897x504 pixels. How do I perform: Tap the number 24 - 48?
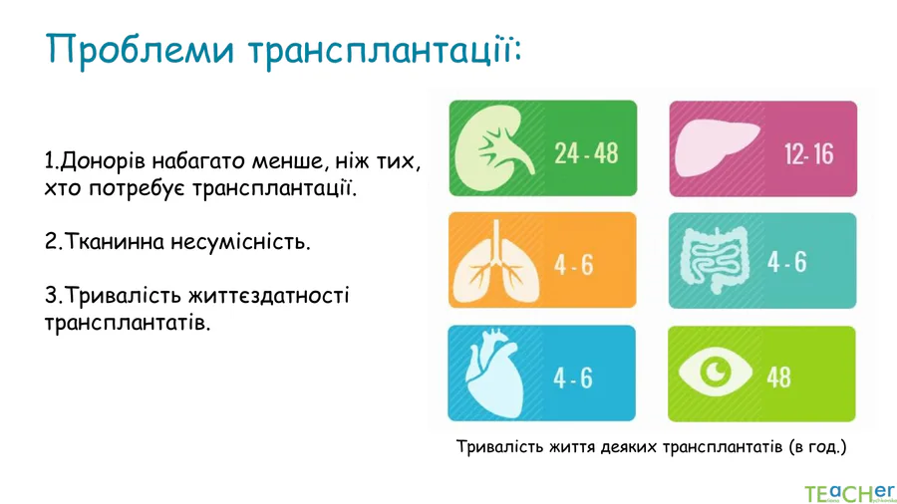click(x=586, y=153)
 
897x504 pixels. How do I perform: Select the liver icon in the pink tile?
click(x=718, y=149)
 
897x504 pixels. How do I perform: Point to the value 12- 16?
click(x=809, y=154)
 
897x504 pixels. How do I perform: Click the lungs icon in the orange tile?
click(x=496, y=261)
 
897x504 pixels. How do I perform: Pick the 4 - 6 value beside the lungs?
click(x=574, y=265)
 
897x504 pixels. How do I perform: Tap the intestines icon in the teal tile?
click(x=715, y=260)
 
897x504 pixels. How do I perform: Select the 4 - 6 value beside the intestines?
click(x=787, y=262)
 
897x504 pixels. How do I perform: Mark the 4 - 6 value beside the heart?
click(x=573, y=378)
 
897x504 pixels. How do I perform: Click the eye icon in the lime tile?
click(x=715, y=372)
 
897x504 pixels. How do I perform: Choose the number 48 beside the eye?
click(x=779, y=378)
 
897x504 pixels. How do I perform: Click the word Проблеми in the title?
click(x=141, y=49)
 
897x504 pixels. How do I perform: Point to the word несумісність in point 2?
click(x=241, y=242)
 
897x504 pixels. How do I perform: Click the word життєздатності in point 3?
click(x=269, y=296)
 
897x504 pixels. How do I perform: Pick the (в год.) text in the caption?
click(x=817, y=446)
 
